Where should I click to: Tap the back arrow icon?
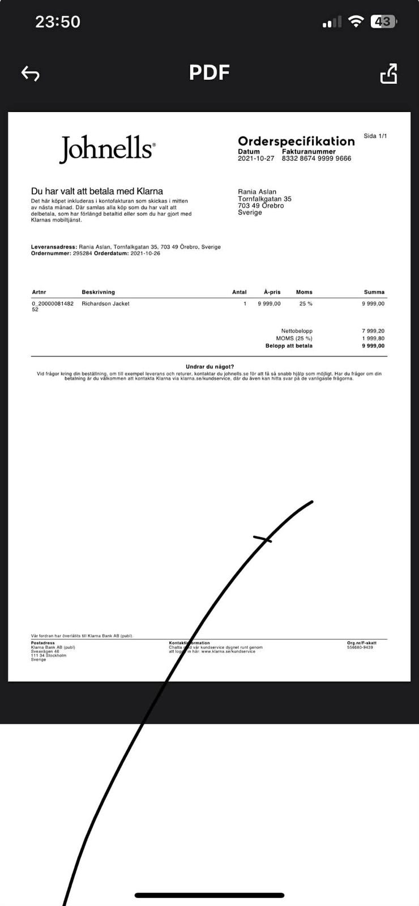point(30,74)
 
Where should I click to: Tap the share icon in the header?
point(388,74)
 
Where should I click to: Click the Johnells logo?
point(107,148)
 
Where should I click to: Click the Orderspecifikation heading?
point(296,141)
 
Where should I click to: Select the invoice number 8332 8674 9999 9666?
point(317,159)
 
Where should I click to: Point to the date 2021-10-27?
point(256,159)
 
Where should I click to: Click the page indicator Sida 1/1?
point(375,136)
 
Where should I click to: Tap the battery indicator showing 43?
point(383,22)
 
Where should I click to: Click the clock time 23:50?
point(58,22)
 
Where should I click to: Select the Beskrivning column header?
point(98,292)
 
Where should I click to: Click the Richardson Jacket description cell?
point(105,304)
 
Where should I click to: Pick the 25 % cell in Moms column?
point(306,304)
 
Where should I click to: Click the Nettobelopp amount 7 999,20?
point(373,331)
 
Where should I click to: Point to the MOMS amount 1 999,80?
point(373,338)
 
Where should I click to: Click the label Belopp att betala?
point(289,345)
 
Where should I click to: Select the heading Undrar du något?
point(209,367)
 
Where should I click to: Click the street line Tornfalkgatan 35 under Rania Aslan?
point(264,199)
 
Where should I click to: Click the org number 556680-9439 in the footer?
point(360,647)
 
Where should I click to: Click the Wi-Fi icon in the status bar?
point(356,22)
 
